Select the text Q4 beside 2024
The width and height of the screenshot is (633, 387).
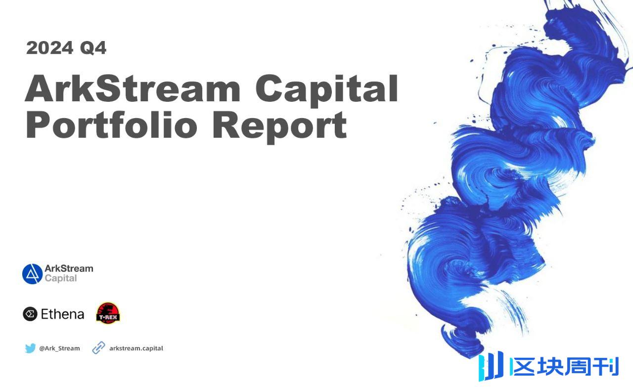click(x=93, y=48)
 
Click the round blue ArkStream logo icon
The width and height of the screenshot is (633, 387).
click(x=32, y=274)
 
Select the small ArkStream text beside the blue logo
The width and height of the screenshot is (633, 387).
click(x=69, y=268)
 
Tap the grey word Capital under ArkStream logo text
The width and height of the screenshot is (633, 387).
click(x=61, y=278)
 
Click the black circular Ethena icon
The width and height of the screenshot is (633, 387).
click(x=30, y=314)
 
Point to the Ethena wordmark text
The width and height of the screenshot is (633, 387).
click(x=62, y=314)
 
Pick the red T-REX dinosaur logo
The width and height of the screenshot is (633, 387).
click(x=108, y=313)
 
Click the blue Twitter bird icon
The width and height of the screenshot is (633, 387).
click(x=30, y=348)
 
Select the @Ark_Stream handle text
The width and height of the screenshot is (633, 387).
click(x=59, y=348)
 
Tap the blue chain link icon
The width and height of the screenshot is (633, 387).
click(x=98, y=348)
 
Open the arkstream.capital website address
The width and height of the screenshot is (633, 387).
click(x=136, y=348)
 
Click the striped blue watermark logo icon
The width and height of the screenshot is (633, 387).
click(x=491, y=366)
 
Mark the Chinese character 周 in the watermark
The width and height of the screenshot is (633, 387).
click(x=579, y=367)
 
